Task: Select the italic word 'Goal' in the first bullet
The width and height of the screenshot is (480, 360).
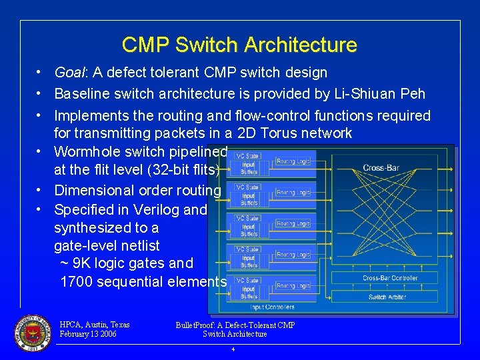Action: coord(69,73)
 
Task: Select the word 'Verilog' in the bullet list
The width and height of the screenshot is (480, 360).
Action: coord(155,209)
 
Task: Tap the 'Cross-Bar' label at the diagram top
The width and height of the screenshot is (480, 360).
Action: coord(382,167)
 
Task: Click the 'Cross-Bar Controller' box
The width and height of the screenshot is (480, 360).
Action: coord(390,278)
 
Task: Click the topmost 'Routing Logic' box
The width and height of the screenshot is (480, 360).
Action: coord(293,161)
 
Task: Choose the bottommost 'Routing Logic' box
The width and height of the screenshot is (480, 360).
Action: coord(293,285)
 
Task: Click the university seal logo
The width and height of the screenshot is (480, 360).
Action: coord(32,332)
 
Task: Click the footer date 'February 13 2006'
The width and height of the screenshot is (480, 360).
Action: coord(88,334)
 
